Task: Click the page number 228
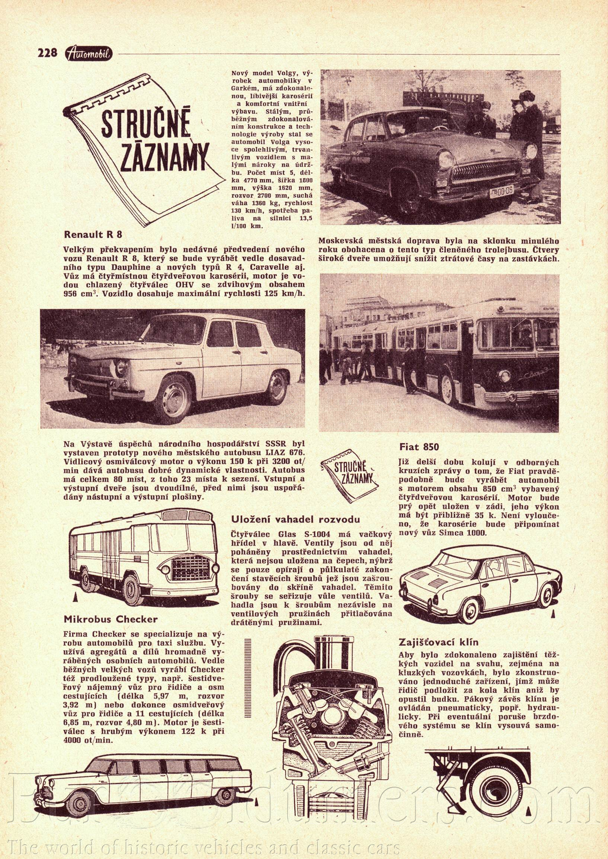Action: pyautogui.click(x=47, y=53)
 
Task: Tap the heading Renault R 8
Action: pyautogui.click(x=93, y=235)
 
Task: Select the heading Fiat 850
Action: pyautogui.click(x=419, y=447)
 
